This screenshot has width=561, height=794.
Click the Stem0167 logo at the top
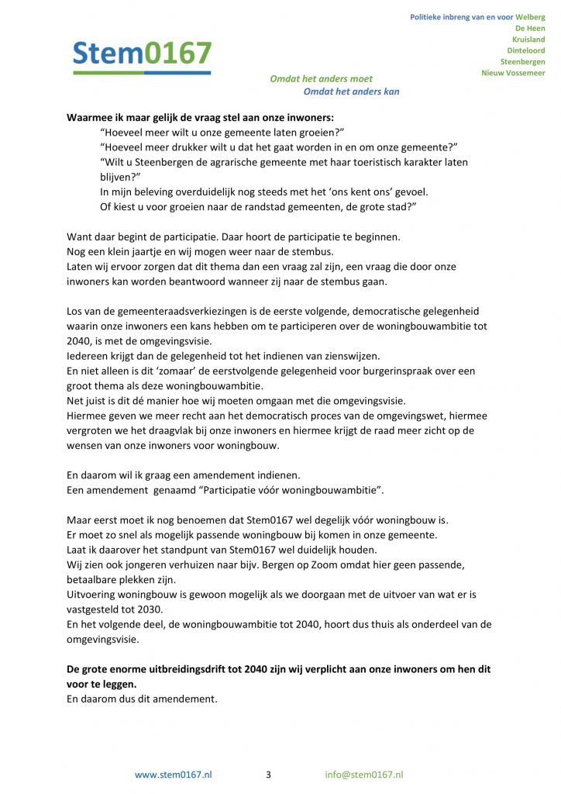[x=142, y=55]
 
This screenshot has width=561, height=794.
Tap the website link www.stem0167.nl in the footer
[x=174, y=775]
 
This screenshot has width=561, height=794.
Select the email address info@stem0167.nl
[x=363, y=775]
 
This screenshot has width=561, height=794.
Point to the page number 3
[x=268, y=775]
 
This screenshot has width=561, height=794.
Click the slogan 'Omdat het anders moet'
[x=321, y=78]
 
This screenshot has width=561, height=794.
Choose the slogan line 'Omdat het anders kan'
[x=351, y=91]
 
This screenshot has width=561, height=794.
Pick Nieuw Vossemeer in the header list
[x=513, y=73]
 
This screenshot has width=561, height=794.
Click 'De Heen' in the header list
[x=530, y=28]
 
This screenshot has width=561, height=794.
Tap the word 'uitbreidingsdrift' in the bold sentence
[x=189, y=669]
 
